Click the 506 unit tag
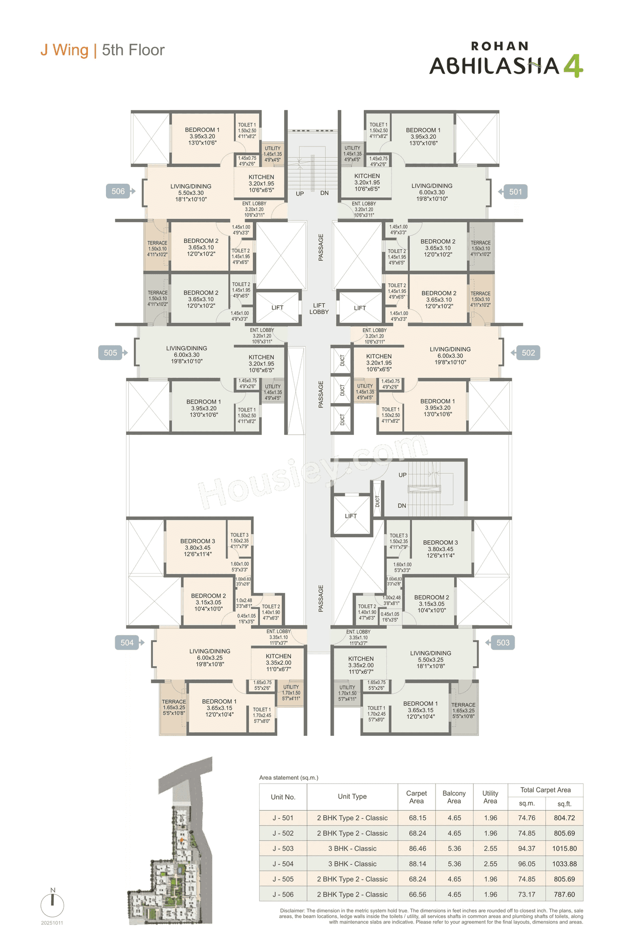(118, 192)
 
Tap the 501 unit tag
(515, 192)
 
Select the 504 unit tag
(127, 642)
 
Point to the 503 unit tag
(502, 642)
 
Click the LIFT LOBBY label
(319, 309)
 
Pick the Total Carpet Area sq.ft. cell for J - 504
(564, 864)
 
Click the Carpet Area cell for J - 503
(417, 849)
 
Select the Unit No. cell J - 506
(283, 894)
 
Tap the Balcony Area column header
(454, 797)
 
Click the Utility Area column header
(490, 797)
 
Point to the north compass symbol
(53, 904)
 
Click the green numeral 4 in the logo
(573, 66)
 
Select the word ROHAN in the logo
(500, 46)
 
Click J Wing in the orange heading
(64, 50)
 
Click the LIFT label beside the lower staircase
(351, 516)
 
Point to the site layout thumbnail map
(171, 840)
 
